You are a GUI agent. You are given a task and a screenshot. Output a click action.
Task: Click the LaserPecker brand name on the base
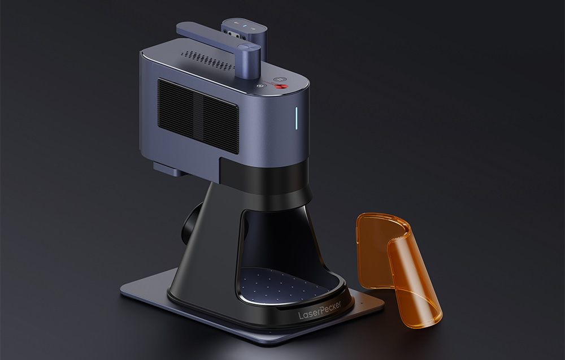320,311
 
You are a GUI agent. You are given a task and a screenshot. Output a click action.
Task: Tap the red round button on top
280,86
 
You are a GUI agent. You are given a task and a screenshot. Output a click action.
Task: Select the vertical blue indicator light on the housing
297,118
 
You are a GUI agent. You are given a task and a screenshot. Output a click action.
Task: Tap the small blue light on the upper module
244,26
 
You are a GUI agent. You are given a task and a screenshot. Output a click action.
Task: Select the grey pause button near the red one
280,79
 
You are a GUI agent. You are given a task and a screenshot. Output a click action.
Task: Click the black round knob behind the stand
192,224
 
